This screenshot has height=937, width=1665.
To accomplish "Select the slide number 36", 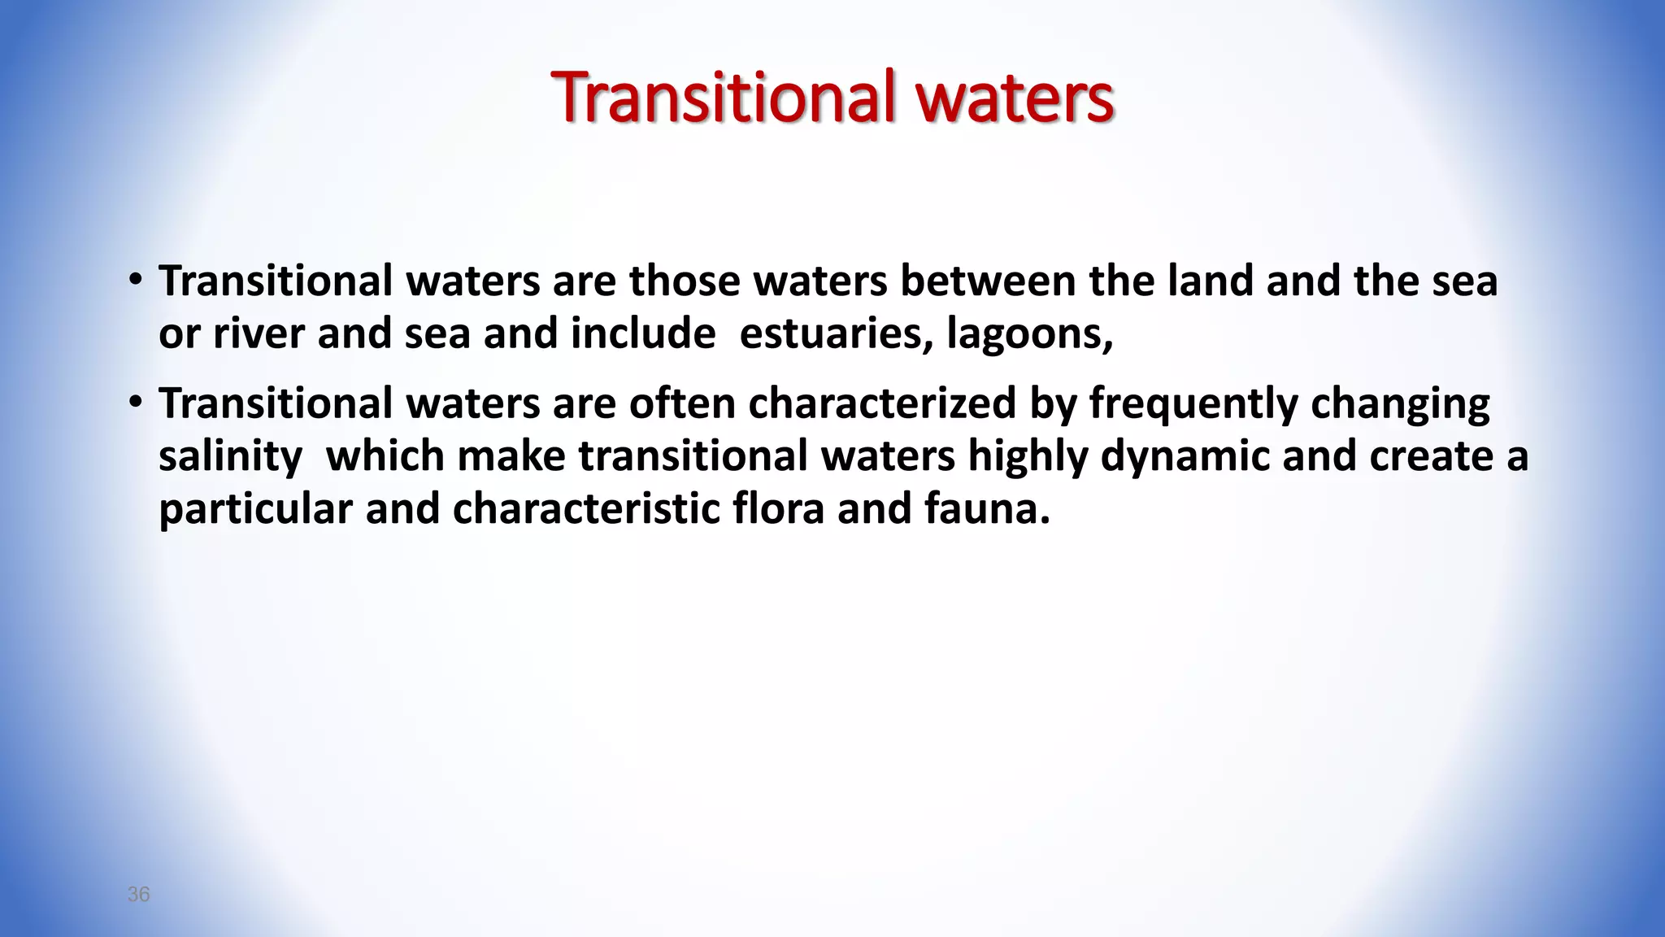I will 138,895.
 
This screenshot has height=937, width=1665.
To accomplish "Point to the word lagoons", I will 1029,335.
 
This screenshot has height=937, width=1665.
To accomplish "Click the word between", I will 988,281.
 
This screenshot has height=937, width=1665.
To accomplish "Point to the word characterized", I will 882,403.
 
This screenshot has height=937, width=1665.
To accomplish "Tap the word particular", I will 255,510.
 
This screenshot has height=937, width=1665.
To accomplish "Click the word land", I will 1211,281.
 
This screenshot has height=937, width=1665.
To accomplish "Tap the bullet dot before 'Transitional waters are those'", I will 136,281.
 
